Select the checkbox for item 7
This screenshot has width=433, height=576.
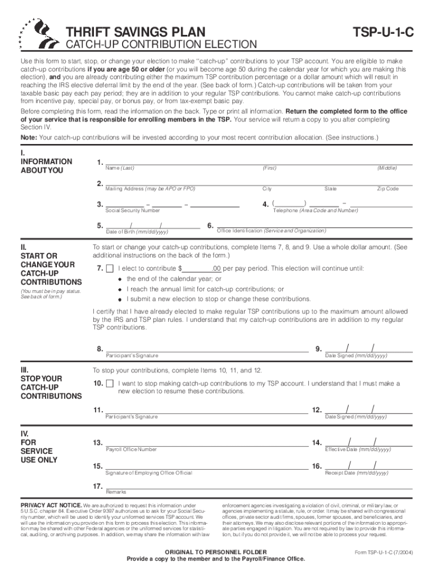(109, 268)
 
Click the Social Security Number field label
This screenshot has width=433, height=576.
(133, 210)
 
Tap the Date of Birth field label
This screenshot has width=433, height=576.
(137, 232)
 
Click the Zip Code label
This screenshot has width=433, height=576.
(387, 189)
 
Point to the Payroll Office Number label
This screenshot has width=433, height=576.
(131, 449)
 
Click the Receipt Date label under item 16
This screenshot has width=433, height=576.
(357, 473)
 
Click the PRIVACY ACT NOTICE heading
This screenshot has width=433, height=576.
(51, 505)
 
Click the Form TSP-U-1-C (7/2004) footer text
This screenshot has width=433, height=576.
(384, 552)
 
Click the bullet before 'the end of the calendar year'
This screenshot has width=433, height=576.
(120, 279)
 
